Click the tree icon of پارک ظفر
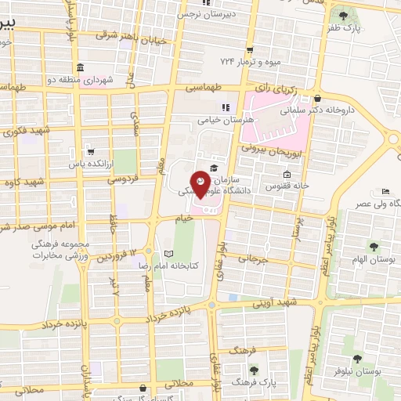pos(342,15)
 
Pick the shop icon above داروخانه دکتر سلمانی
pos(318,99)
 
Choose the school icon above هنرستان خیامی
pos(226,107)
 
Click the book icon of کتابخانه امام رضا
pos(169,254)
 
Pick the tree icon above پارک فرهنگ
pos(252,369)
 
